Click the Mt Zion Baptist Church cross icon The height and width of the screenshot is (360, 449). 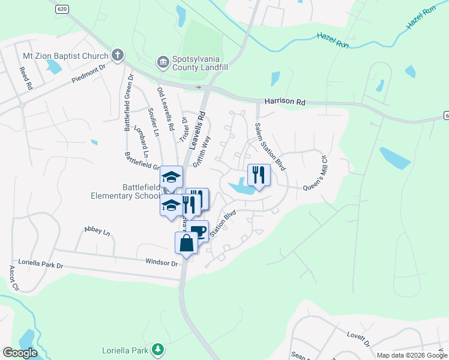point(118,56)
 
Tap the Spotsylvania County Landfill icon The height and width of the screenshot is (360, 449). point(162,62)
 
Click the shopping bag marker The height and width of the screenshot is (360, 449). point(186,244)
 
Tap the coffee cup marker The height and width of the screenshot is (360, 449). point(197,231)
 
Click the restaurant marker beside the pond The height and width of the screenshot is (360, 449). point(259,175)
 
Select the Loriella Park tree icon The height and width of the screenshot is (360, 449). point(157,349)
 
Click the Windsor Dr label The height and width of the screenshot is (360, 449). point(162,262)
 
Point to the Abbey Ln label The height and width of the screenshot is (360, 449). point(98,230)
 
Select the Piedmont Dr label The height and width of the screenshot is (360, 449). point(88,74)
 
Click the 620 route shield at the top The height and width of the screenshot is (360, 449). point(61,8)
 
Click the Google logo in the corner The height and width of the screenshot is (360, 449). point(20,352)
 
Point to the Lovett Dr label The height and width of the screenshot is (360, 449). point(358,338)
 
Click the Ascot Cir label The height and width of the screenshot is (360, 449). point(13,278)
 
